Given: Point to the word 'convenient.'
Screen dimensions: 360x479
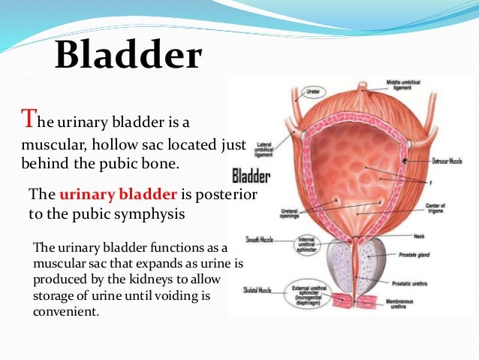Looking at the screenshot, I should [67, 310].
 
